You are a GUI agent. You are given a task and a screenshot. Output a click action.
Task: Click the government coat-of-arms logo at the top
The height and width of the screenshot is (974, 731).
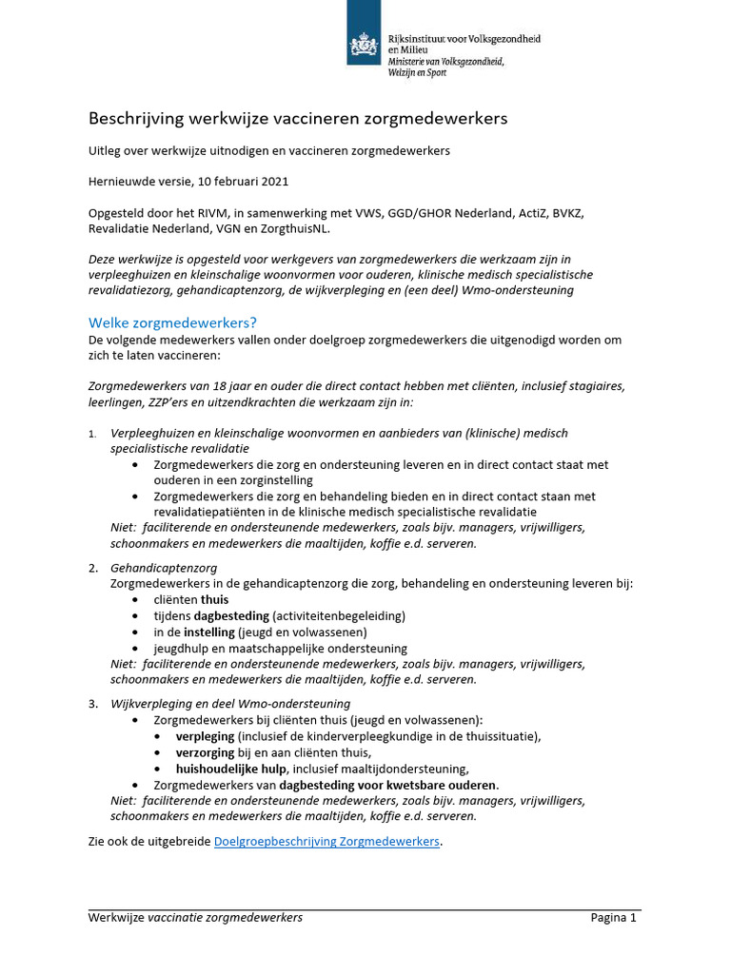coord(364,44)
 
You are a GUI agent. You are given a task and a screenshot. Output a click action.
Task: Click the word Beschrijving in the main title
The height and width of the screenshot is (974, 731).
coord(133,119)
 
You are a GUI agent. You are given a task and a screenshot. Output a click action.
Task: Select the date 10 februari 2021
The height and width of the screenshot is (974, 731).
coord(244,182)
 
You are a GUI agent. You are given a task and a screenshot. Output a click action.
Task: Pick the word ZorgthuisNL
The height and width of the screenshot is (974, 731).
coord(293,228)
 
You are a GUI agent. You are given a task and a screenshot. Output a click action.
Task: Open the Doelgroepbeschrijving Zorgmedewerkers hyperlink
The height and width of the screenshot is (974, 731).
coord(327,842)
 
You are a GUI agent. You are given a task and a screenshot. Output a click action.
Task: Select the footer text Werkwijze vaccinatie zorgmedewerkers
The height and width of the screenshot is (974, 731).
coord(195,918)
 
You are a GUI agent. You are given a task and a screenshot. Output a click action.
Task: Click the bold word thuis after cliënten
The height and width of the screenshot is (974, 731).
coord(214,600)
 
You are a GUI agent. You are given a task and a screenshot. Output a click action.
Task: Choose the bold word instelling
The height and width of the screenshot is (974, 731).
coord(211,633)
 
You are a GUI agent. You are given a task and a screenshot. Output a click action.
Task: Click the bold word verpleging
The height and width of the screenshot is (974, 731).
coord(206,736)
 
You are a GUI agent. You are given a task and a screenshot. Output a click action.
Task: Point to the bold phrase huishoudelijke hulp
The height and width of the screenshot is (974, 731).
coord(231,769)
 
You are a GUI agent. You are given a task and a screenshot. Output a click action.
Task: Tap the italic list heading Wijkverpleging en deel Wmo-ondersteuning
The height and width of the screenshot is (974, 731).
coord(230,704)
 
